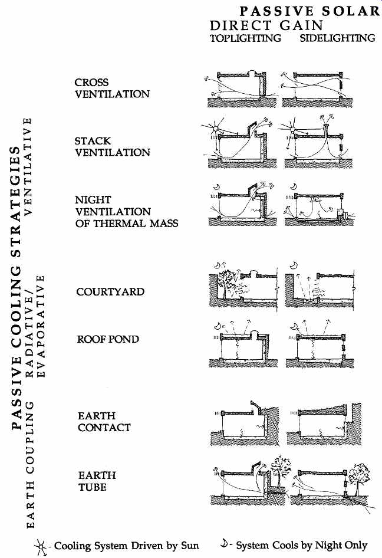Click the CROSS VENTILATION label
click(x=112, y=88)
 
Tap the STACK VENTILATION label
click(x=113, y=147)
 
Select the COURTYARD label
click(x=110, y=292)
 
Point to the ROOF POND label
click(x=108, y=339)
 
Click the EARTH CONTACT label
click(x=104, y=422)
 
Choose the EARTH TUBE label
click(x=97, y=481)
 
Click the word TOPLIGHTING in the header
click(x=245, y=38)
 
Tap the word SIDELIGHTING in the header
click(x=338, y=38)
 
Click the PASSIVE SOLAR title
click(x=310, y=11)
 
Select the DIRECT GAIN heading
click(x=266, y=25)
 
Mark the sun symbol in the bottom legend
click(x=41, y=546)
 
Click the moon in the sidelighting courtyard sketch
click(x=294, y=265)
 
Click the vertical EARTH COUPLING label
click(x=31, y=465)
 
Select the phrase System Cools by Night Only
click(x=302, y=545)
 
